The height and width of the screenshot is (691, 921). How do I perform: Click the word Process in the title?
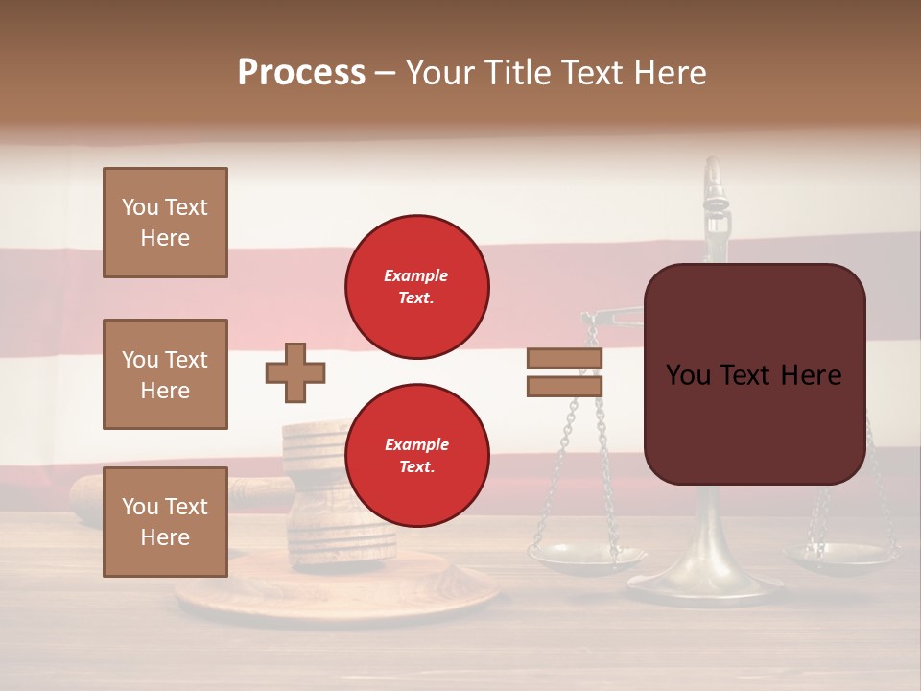(x=301, y=73)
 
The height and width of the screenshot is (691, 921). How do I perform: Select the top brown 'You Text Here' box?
(x=165, y=223)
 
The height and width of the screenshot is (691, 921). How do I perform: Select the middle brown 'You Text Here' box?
(x=165, y=374)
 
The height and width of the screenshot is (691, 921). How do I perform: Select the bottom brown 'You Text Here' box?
(x=165, y=522)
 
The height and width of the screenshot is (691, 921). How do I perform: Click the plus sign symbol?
(x=295, y=372)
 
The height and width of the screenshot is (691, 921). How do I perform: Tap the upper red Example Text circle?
(x=417, y=287)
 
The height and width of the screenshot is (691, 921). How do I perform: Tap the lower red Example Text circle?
(x=417, y=456)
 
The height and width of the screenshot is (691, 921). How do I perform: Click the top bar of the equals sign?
(x=565, y=358)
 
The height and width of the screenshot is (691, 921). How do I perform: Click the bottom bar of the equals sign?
(x=565, y=386)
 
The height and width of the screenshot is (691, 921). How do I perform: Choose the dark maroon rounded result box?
(x=754, y=374)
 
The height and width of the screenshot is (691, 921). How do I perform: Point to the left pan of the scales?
(x=587, y=556)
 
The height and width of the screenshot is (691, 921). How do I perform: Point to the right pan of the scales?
(x=840, y=556)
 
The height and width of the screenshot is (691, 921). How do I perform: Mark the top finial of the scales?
(x=712, y=178)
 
